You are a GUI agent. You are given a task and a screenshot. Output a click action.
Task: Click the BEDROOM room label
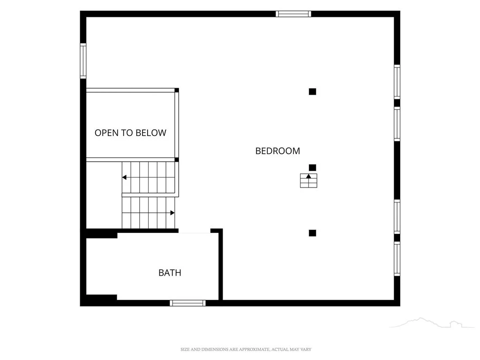[277, 151]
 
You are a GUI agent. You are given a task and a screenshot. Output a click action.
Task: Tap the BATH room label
[170, 273]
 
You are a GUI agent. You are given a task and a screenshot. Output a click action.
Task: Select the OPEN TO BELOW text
[130, 133]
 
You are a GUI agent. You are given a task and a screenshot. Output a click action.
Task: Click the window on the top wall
[293, 14]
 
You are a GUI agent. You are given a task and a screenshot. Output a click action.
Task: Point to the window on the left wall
[83, 61]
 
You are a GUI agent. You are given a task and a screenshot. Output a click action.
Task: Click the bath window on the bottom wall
[187, 303]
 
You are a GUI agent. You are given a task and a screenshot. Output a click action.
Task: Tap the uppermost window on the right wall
[397, 82]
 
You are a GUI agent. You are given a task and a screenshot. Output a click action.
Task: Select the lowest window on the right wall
[397, 259]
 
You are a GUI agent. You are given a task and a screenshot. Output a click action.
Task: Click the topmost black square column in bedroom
[312, 91]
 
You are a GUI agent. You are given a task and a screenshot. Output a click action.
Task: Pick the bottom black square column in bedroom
[312, 233]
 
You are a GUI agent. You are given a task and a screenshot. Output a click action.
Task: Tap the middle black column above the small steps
[312, 167]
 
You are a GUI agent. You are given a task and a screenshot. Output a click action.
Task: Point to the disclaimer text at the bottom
[246, 349]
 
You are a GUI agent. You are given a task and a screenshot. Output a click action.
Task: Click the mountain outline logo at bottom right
[432, 323]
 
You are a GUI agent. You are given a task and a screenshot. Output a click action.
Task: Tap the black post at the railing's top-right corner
[177, 90]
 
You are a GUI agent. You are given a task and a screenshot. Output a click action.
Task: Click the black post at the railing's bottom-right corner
[177, 159]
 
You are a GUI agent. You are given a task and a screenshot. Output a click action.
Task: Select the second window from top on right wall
[397, 124]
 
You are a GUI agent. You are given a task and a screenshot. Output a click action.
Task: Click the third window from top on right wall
[397, 217]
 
